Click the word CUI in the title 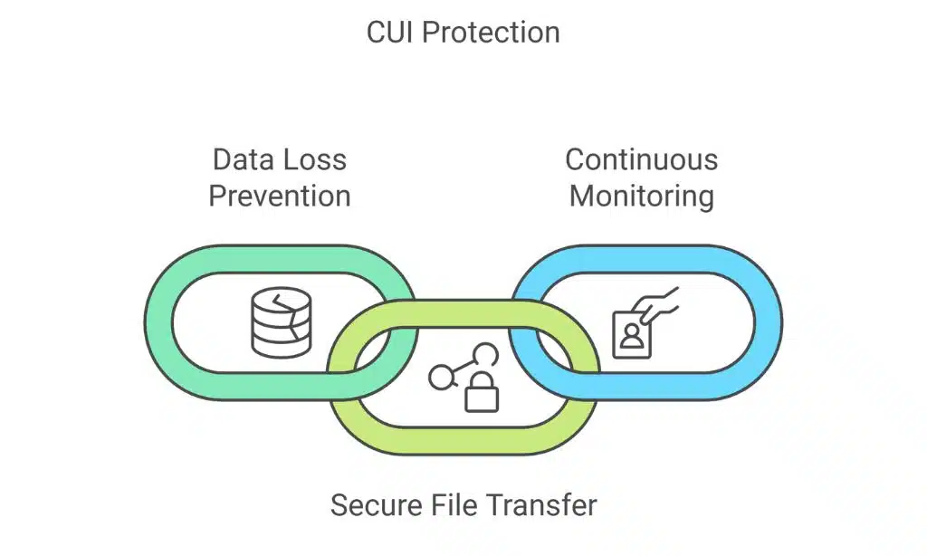tap(390, 33)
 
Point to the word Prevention tap(280, 196)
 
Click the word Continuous tap(642, 160)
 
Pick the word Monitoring tap(642, 196)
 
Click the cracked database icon tap(281, 322)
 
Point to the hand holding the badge tap(659, 303)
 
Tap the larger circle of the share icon tap(486, 354)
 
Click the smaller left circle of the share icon tap(440, 378)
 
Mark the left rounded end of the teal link tap(158, 322)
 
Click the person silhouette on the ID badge tap(631, 337)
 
